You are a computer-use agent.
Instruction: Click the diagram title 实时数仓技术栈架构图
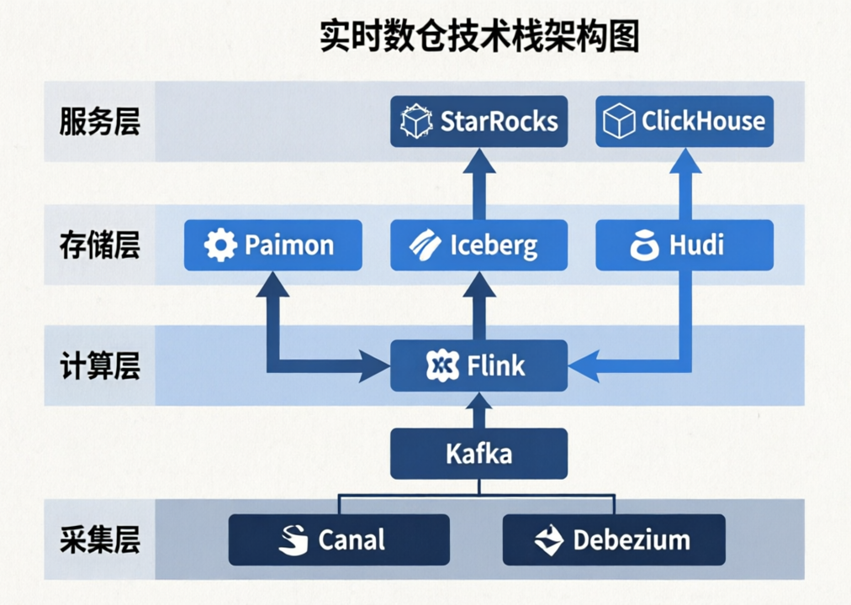point(479,38)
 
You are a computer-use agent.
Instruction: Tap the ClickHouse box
point(684,121)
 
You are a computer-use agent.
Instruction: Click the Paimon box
point(273,245)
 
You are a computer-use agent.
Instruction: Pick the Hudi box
point(684,245)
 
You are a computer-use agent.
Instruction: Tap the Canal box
point(339,539)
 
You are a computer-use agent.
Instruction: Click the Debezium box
point(614,539)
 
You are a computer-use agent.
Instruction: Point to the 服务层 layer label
point(99,122)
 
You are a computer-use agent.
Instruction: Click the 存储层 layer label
point(99,245)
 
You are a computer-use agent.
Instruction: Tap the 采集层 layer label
point(99,538)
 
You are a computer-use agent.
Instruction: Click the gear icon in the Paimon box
point(220,245)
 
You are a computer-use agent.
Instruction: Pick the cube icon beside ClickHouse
point(619,121)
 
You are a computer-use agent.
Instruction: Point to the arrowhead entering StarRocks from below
point(479,160)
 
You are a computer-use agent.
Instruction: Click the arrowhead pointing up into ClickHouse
point(684,160)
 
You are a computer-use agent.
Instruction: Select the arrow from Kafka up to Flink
point(479,410)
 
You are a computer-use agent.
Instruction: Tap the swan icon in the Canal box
point(293,539)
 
